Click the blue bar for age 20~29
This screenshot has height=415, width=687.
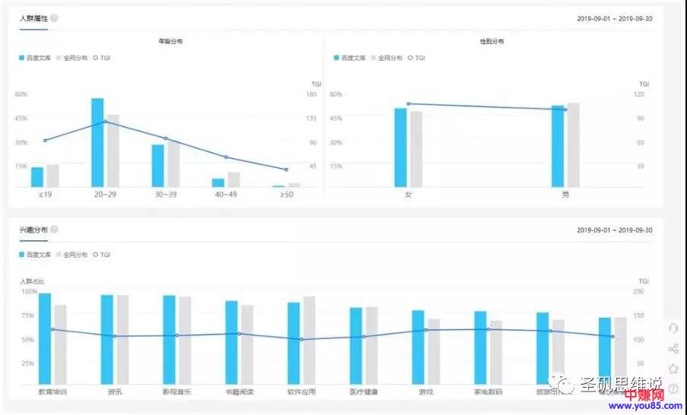click(x=97, y=142)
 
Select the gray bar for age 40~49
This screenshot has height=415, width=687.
click(x=234, y=179)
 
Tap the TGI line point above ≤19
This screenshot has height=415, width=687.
click(x=45, y=141)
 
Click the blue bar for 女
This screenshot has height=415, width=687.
click(x=400, y=147)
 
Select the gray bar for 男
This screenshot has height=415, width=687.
click(x=573, y=144)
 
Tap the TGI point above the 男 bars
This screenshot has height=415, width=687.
click(x=565, y=109)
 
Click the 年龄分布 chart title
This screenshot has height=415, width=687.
click(x=170, y=41)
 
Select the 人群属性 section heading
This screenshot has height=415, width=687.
click(x=33, y=18)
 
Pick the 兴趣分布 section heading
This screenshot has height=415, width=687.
click(x=33, y=230)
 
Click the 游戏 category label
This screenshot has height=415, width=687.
click(x=426, y=392)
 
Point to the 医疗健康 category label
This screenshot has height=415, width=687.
click(x=363, y=392)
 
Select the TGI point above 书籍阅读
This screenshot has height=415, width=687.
click(x=239, y=334)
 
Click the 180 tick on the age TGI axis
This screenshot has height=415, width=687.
click(x=311, y=94)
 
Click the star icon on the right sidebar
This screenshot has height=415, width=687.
click(x=673, y=369)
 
